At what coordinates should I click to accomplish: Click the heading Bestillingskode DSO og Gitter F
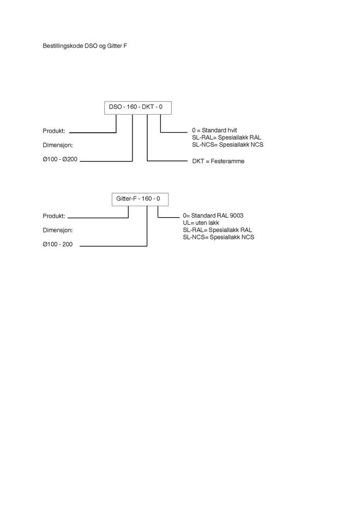85,46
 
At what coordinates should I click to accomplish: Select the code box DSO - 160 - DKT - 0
137,107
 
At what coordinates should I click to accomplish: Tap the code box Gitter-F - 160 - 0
139,199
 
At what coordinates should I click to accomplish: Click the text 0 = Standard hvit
214,131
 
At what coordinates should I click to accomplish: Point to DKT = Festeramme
218,161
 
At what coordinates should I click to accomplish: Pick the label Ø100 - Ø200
60,161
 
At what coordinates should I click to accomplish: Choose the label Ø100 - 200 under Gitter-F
58,245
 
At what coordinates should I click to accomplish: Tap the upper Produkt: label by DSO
54,131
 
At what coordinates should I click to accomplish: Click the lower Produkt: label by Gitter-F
54,216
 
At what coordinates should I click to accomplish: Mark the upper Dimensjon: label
58,146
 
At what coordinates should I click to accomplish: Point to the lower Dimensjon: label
58,230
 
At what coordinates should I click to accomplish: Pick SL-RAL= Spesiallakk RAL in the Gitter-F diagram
218,230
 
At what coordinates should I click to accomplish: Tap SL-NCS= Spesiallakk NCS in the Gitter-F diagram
219,237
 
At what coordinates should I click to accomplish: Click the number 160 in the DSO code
132,107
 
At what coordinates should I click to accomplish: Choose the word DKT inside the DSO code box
148,107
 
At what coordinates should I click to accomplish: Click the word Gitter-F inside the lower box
126,199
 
